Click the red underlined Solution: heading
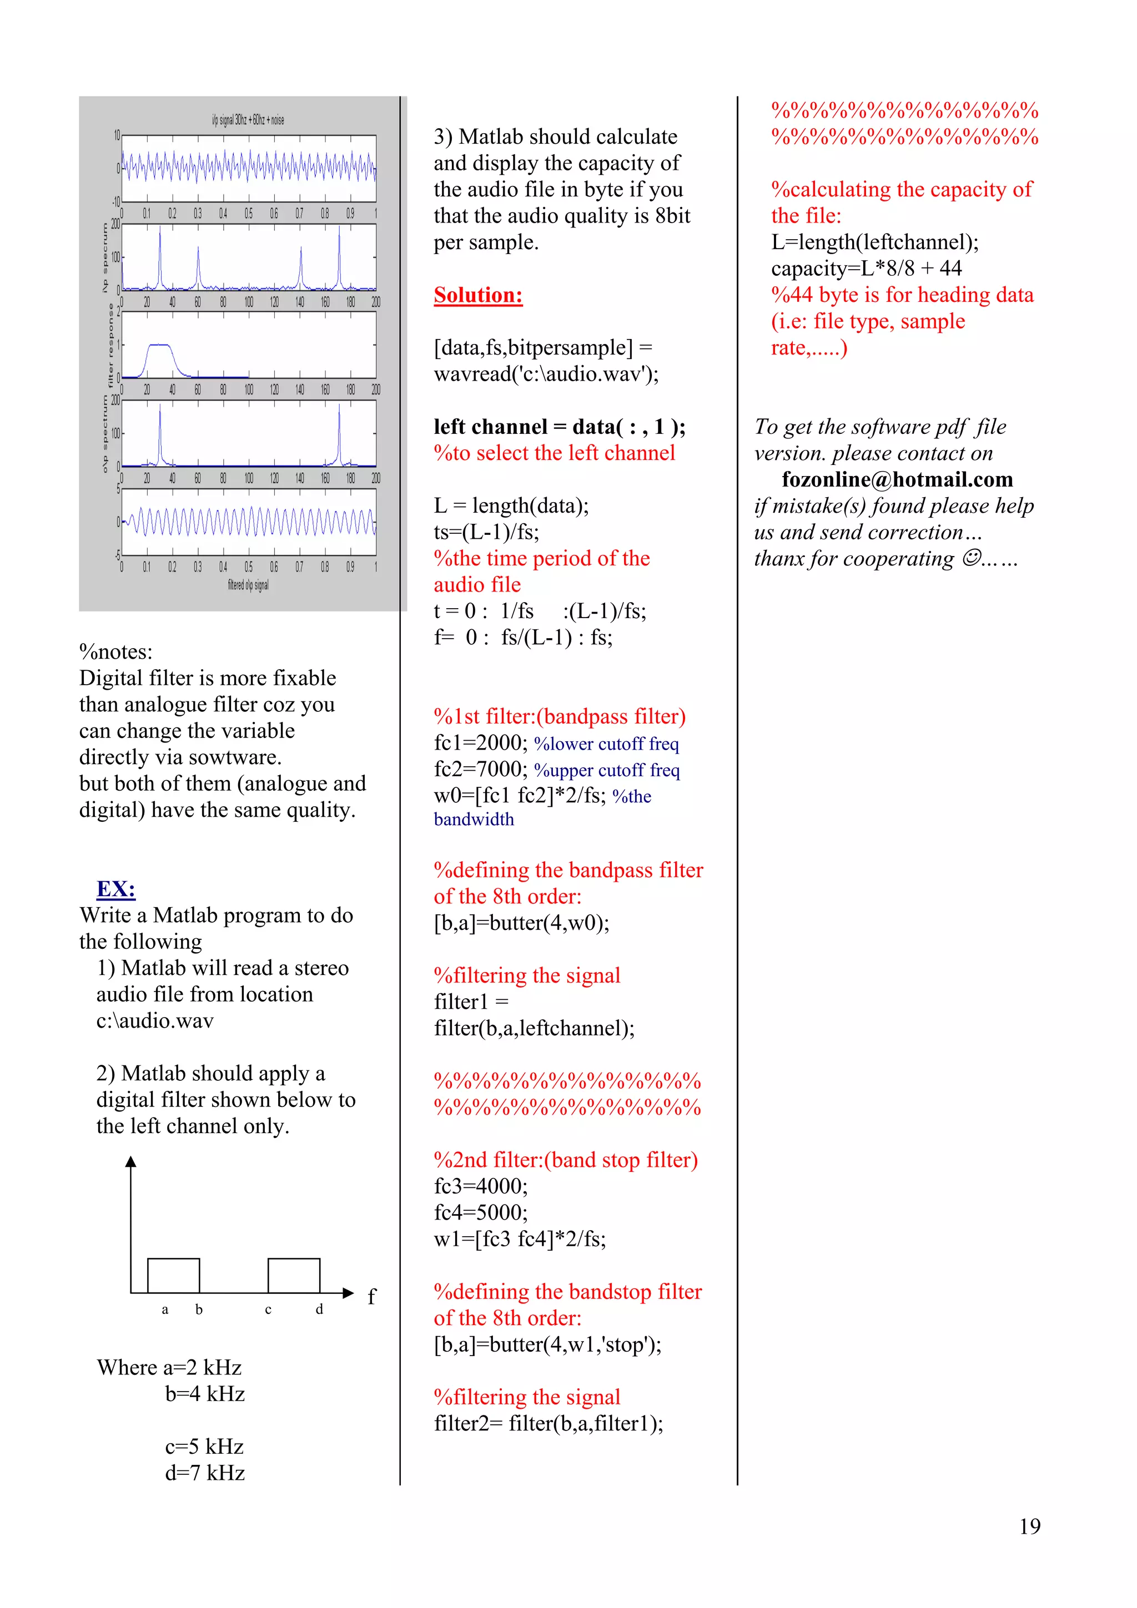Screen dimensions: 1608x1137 478,295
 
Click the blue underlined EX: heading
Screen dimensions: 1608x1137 115,889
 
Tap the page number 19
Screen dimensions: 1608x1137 1029,1526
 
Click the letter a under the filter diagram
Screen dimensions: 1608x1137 165,1309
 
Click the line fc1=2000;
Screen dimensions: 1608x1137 481,742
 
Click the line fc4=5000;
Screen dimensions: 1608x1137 481,1212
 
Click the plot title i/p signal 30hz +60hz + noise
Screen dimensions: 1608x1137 248,120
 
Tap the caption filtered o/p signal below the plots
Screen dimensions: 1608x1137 248,585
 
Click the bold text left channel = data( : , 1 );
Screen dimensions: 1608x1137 559,427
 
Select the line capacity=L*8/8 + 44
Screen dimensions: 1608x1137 866,268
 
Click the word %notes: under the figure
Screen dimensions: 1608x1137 115,651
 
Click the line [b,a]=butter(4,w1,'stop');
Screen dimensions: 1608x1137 547,1344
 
